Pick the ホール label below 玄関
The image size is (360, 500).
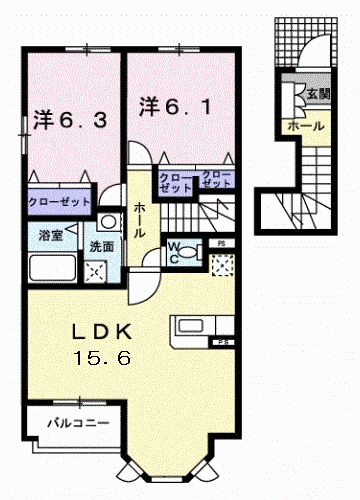pos(304,127)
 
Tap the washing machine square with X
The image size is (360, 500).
pos(98,269)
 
